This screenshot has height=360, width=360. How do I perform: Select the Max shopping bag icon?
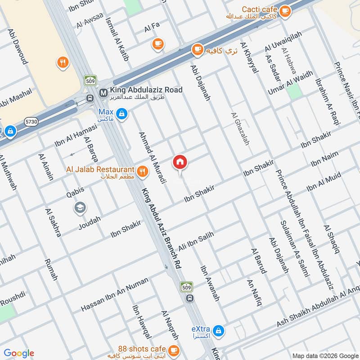click(121, 114)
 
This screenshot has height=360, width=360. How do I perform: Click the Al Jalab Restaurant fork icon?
click(142, 171)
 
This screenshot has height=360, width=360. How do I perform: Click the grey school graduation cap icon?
click(80, 207)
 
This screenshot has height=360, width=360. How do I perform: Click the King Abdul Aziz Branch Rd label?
click(162, 229)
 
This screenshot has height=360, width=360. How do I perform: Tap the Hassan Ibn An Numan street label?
click(114, 295)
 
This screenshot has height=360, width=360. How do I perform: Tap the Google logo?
click(19, 353)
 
